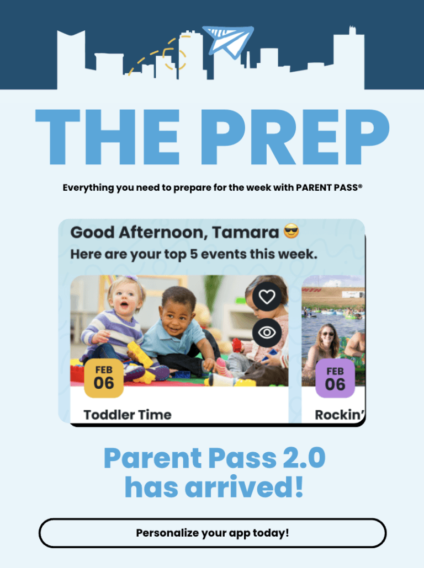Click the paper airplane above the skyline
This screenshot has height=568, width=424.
pyautogui.click(x=228, y=41)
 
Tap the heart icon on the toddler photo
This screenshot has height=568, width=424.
pyautogui.click(x=267, y=296)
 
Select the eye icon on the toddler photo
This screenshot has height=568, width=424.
pyautogui.click(x=267, y=332)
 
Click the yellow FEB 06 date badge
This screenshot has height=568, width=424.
pyautogui.click(x=104, y=378)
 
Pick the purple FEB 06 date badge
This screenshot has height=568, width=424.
pyautogui.click(x=335, y=378)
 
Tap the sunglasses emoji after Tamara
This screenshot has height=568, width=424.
pyautogui.click(x=291, y=231)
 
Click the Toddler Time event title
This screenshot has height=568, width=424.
pyautogui.click(x=128, y=415)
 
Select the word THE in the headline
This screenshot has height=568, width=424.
pyautogui.click(x=108, y=137)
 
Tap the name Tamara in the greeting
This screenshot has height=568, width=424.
pyautogui.click(x=245, y=232)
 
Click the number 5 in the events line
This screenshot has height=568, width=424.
pyautogui.click(x=194, y=254)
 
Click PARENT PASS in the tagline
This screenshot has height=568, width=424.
pyautogui.click(x=329, y=187)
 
